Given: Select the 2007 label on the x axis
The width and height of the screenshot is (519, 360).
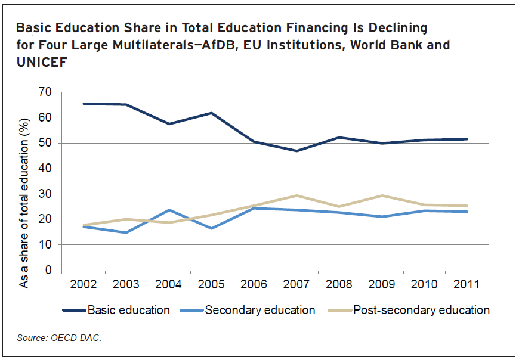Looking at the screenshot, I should [296, 284].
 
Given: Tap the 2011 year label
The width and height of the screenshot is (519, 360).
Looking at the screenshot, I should [466, 284].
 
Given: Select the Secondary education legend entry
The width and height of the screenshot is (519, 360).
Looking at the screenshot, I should [259, 310].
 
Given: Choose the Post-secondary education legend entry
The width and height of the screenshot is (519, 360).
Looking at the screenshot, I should [421, 310].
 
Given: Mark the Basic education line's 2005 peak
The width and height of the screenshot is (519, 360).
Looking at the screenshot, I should [211, 113].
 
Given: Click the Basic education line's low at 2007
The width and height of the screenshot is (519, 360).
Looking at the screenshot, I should [296, 151].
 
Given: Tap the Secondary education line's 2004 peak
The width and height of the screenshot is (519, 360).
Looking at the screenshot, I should [168, 210].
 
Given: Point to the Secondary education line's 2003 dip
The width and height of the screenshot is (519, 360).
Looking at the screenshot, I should [126, 232].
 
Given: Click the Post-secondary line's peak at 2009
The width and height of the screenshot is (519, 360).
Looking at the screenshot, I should [381, 195].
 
